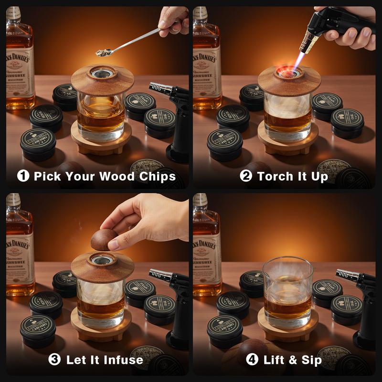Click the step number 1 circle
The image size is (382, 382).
click(x=23, y=176)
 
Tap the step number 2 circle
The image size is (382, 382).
click(x=246, y=176)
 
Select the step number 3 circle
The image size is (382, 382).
click(x=55, y=359)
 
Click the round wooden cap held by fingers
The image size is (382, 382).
click(x=105, y=239)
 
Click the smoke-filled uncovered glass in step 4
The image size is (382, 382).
click(x=288, y=291)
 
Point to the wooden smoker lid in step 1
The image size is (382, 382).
click(x=103, y=81)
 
